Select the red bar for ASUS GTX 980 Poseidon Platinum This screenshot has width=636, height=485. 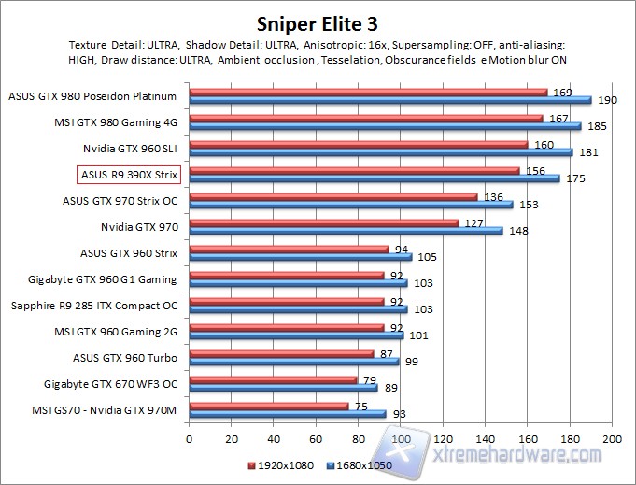[x=368, y=93]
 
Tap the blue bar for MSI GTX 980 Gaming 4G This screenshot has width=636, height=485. [x=385, y=125]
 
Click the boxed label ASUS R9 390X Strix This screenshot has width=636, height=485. [x=128, y=173]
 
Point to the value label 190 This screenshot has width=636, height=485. [x=605, y=100]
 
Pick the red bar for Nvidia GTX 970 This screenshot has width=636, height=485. [x=323, y=222]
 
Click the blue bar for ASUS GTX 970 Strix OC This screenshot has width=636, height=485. [x=350, y=204]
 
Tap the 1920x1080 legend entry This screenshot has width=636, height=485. [x=279, y=464]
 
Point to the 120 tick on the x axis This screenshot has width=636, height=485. [x=443, y=437]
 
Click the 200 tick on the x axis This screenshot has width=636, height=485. [x=612, y=437]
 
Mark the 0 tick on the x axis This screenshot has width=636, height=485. [x=189, y=437]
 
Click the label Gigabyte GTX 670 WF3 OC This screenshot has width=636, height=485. [x=117, y=383]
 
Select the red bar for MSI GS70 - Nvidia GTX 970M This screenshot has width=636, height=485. [x=268, y=406]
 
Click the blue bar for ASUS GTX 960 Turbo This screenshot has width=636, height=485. [x=293, y=361]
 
